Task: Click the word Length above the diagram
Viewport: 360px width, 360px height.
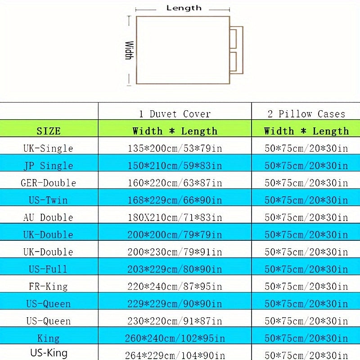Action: pyautogui.click(x=184, y=8)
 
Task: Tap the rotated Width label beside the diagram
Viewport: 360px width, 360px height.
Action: pyautogui.click(x=130, y=50)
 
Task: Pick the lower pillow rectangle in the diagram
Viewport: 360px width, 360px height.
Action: pyautogui.click(x=233, y=62)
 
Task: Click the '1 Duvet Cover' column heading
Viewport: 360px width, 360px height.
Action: pyautogui.click(x=175, y=114)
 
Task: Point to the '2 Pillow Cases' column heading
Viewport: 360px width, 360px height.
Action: pyautogui.click(x=306, y=114)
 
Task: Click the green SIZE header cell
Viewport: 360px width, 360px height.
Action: pyautogui.click(x=49, y=128)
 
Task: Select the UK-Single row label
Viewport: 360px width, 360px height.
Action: pyautogui.click(x=48, y=148)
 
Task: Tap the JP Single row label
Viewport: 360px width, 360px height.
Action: pyautogui.click(x=48, y=166)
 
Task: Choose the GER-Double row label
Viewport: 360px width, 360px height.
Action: pyautogui.click(x=48, y=183)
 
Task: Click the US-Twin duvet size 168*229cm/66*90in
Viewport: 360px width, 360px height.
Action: pyautogui.click(x=175, y=200)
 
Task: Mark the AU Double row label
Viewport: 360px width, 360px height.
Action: pyautogui.click(x=48, y=217)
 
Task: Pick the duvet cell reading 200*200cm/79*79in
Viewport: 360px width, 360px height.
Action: pyautogui.click(x=175, y=234)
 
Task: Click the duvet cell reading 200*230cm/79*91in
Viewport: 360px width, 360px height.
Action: pyautogui.click(x=175, y=252)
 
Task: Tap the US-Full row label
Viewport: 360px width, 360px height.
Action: pyautogui.click(x=48, y=269)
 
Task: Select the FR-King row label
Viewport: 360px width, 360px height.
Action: pyautogui.click(x=48, y=286)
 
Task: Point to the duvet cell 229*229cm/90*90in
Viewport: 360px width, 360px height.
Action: pyautogui.click(x=175, y=303)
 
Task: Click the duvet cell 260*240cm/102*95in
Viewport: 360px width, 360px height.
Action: pyautogui.click(x=175, y=338)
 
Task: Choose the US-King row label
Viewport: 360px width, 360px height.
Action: pyautogui.click(x=49, y=353)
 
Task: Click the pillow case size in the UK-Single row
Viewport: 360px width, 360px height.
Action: pyautogui.click(x=306, y=148)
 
